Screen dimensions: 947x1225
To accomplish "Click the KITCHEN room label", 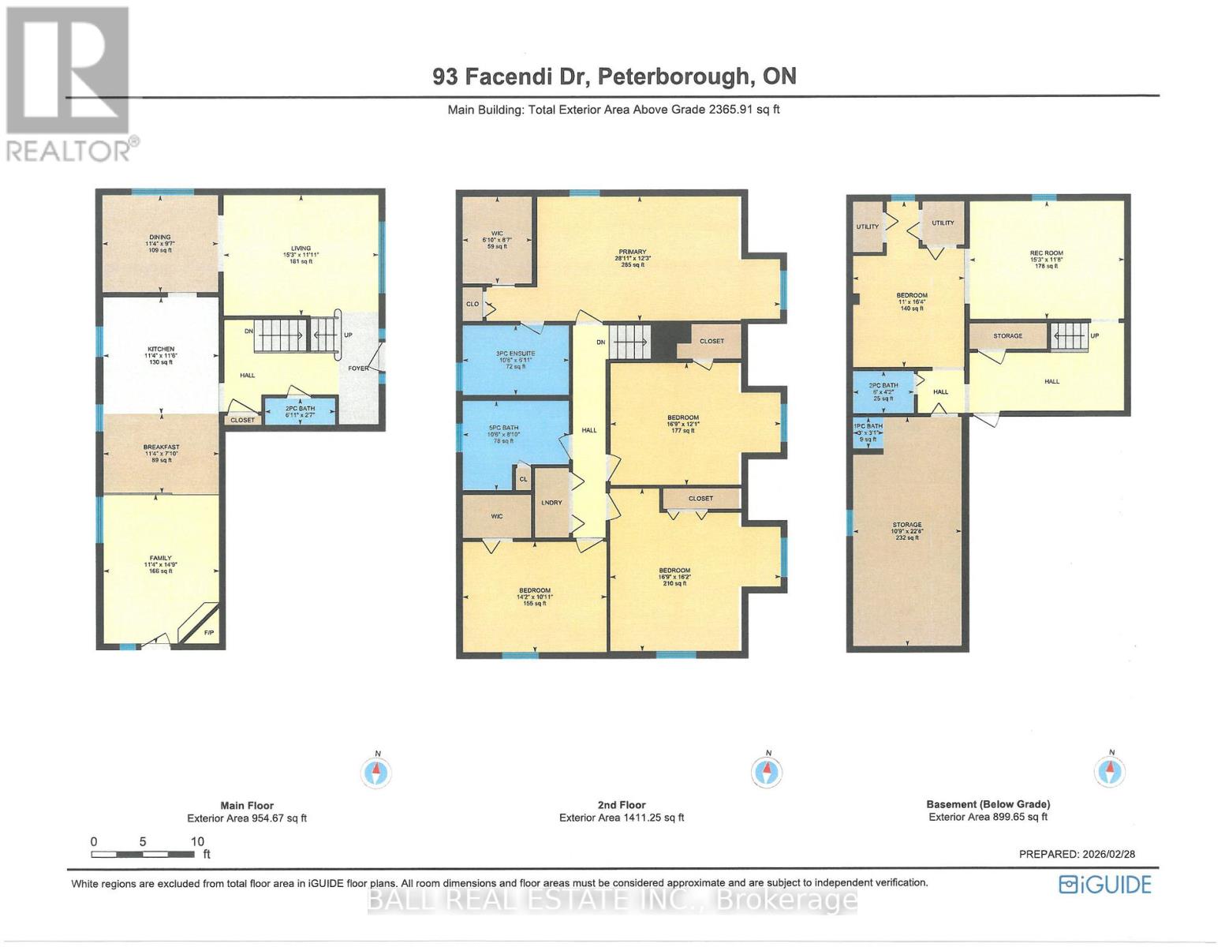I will tap(160, 349).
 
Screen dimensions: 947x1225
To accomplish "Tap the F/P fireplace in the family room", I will tap(209, 633).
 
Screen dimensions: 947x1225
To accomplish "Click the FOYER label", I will tap(358, 368).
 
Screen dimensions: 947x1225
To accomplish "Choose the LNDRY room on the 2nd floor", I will tap(551, 503).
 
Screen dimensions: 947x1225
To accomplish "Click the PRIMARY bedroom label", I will tap(633, 253).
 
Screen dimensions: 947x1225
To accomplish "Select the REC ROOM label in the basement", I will tap(1046, 254).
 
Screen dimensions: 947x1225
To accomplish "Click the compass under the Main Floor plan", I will tap(377, 771).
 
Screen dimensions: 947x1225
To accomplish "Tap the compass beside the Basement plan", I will tap(1110, 770).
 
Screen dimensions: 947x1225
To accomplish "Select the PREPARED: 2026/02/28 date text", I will tap(1077, 854).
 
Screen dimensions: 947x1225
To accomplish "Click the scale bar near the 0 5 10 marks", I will tap(142, 854).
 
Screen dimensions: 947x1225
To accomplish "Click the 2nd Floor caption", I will tap(622, 805).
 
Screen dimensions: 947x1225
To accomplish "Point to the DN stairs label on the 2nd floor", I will tap(601, 342).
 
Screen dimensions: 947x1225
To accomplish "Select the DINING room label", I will tap(160, 238).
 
